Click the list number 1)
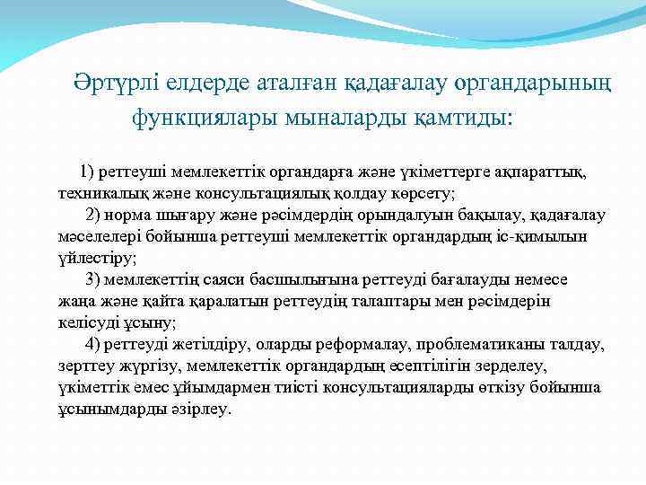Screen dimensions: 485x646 (x=89, y=171)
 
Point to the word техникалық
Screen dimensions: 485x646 (x=95, y=193)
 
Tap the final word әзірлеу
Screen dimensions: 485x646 (x=205, y=410)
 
